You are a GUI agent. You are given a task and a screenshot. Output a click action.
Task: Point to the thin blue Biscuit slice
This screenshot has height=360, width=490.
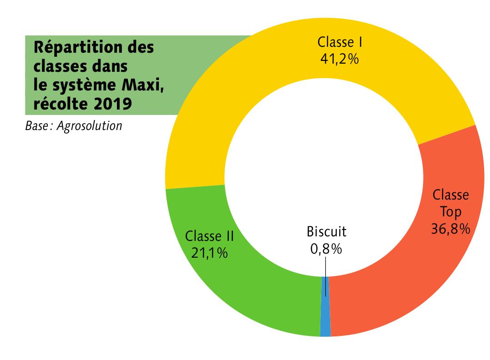[325, 318]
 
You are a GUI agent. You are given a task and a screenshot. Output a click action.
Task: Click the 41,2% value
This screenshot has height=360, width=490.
[340, 59]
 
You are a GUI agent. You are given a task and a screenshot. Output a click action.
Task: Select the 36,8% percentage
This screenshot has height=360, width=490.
[450, 229]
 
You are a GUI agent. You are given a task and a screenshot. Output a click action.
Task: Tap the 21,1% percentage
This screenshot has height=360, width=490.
[209, 253]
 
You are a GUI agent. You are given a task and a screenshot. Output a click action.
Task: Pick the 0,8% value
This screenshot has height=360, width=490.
[326, 249]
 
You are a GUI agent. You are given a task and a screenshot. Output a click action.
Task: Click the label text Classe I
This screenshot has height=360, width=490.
[340, 42]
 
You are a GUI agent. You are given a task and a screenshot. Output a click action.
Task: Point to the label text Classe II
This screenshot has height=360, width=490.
[209, 236]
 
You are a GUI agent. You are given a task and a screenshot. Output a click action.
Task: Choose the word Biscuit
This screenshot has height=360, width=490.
[326, 231]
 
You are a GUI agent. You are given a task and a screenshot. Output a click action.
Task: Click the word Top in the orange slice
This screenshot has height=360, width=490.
[451, 212]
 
